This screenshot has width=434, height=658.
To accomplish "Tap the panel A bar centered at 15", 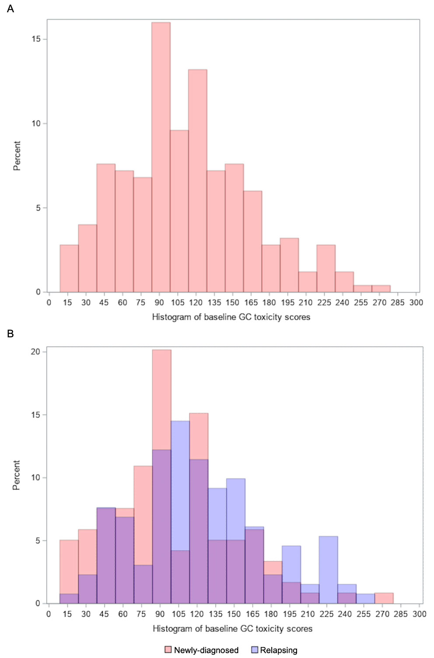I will [69, 268].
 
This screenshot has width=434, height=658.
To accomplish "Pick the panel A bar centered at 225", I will [326, 268].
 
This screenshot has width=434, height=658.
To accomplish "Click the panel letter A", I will [10, 9].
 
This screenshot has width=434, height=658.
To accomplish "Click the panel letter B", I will [10, 334].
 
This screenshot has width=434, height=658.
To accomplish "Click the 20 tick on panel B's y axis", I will [35, 352].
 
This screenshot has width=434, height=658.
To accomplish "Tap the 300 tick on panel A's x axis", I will [416, 302].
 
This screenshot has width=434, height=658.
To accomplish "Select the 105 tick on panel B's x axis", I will [178, 614].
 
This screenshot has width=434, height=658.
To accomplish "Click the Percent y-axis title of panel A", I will [17, 156].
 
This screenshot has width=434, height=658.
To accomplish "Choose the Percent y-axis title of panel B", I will [17, 475].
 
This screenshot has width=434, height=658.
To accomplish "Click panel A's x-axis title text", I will [231, 317].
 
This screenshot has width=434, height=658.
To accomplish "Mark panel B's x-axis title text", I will [232, 629].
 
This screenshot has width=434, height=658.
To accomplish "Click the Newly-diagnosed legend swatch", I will [168, 650].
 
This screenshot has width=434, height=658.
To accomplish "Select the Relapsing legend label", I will [279, 650].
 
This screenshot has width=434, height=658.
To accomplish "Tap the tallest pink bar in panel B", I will [162, 399].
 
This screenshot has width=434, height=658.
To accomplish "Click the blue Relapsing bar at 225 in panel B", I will [328, 570].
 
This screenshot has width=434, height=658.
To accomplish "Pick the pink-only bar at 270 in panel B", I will [384, 598].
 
